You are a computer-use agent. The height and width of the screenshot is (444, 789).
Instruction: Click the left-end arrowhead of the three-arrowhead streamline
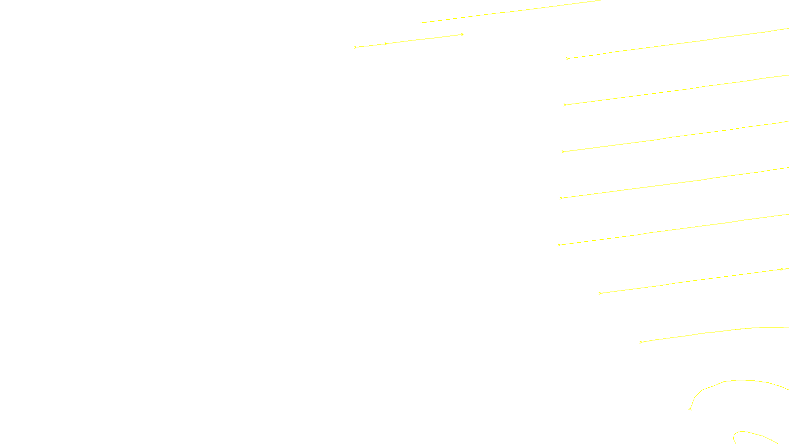[x=355, y=47]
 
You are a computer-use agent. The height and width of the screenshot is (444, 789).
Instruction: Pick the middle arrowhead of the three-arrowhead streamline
[x=386, y=44]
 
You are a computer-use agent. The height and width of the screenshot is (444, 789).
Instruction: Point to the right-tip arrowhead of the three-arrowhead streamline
[x=462, y=35]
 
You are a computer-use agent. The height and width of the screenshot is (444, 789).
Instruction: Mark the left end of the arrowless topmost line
[x=421, y=23]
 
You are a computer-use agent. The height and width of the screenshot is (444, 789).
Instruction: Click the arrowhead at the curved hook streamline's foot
[x=690, y=409]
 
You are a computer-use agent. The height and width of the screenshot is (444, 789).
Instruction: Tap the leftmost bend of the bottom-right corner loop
[x=734, y=436]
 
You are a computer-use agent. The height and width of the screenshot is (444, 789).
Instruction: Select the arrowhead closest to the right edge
[x=782, y=269]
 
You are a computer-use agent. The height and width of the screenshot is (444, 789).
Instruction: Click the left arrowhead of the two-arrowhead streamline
[x=600, y=294]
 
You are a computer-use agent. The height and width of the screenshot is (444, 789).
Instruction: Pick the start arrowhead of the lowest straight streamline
[x=641, y=342]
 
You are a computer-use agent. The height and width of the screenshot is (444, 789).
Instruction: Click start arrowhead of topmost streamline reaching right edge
[x=567, y=59]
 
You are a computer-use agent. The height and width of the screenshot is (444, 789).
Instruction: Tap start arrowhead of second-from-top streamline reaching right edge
[x=565, y=105]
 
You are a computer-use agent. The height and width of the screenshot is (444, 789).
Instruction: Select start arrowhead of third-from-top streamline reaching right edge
[x=563, y=152]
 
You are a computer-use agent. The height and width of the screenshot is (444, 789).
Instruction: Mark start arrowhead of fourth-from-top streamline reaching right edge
[x=561, y=198]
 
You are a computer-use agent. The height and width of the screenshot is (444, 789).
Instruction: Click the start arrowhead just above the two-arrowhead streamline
[x=559, y=245]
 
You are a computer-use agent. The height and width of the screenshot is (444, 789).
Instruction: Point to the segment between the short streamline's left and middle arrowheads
[x=370, y=46]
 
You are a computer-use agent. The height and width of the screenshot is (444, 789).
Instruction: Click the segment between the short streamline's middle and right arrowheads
[x=424, y=39]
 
